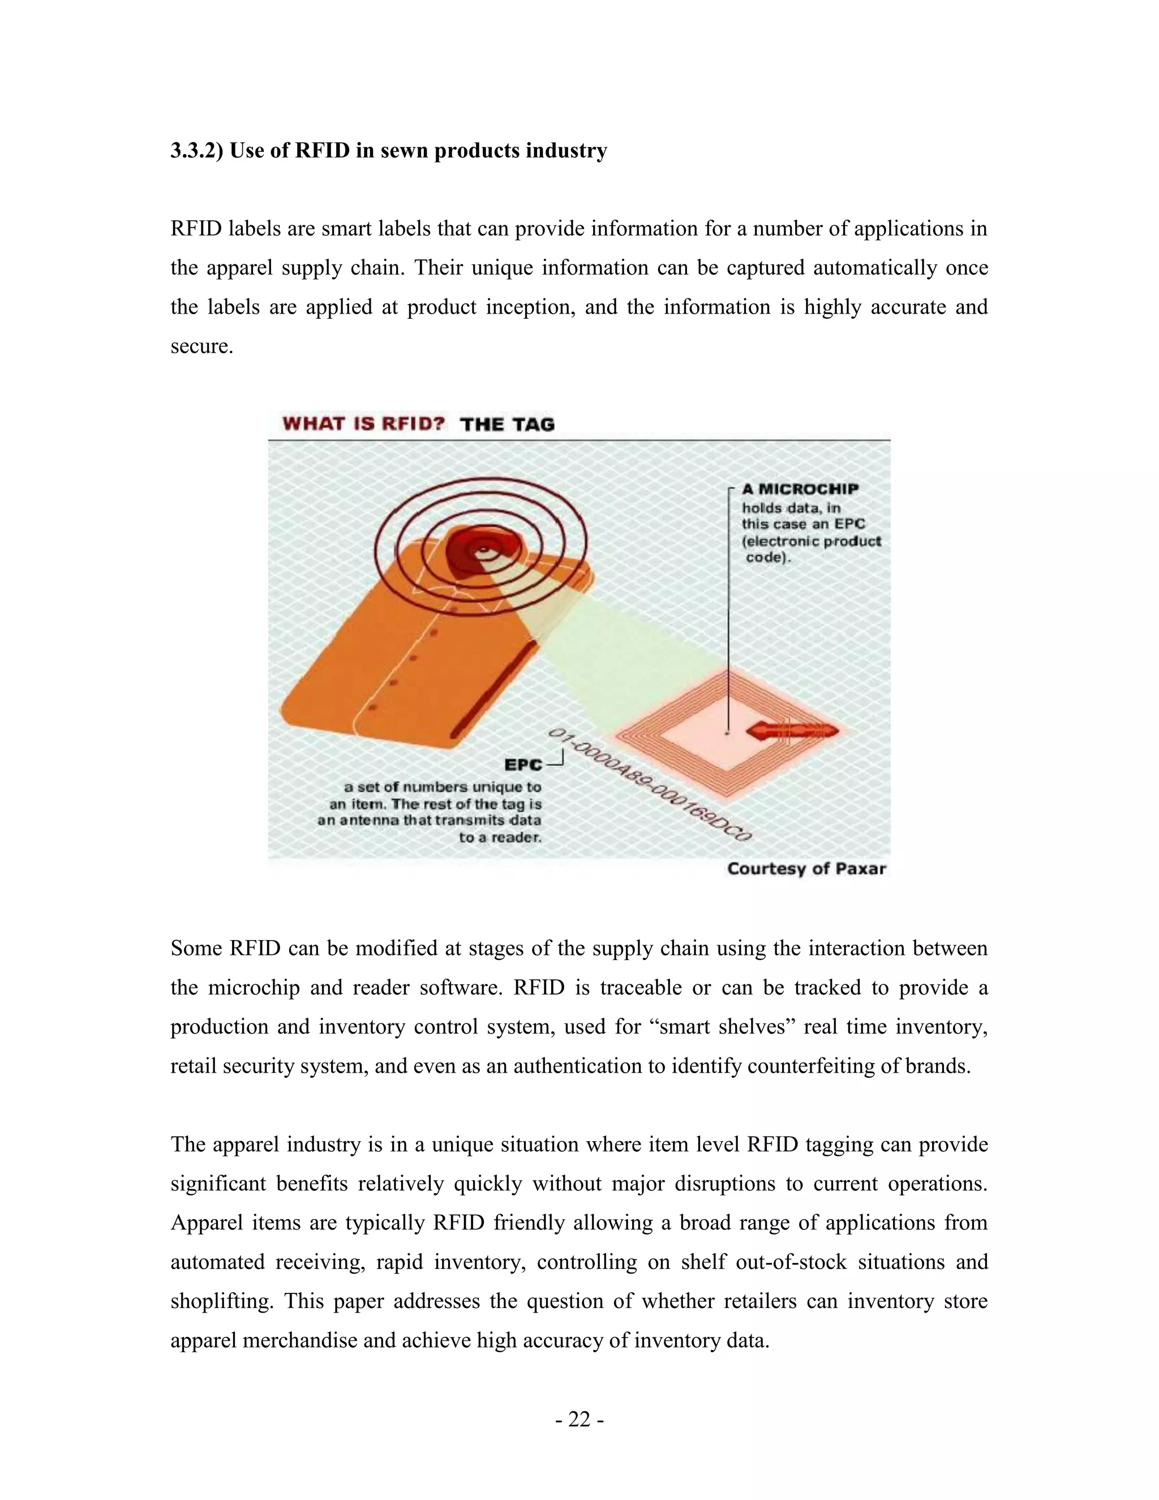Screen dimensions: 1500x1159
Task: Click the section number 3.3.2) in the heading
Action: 197,151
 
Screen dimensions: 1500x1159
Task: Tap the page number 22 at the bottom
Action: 579,1420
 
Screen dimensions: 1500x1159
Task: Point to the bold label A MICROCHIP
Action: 800,489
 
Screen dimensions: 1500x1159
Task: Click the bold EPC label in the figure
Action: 523,764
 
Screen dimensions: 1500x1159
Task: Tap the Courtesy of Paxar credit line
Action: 806,869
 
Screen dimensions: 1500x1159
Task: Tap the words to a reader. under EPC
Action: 500,837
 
